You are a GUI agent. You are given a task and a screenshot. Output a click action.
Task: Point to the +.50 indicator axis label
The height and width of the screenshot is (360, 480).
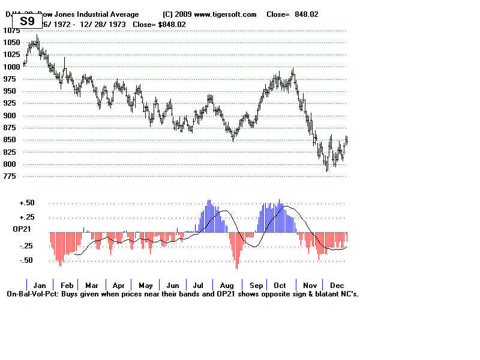tap(26, 203)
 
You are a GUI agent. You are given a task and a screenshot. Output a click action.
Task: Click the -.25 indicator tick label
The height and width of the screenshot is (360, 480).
tap(26, 246)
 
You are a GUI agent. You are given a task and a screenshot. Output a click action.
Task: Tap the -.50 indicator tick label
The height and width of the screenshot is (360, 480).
tap(26, 260)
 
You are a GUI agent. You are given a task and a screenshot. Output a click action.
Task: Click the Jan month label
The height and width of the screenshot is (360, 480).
tap(40, 286)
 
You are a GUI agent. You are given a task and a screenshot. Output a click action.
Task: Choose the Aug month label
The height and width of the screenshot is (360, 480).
tap(227, 286)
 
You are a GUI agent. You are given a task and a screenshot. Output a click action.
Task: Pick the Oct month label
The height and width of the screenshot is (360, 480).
tap(280, 286)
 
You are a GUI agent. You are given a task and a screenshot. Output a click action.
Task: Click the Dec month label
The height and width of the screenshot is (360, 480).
tap(337, 286)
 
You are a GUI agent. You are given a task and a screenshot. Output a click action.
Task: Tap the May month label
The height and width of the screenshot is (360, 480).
tap(146, 286)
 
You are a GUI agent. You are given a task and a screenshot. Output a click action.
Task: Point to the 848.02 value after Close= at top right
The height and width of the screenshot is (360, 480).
tap(307, 14)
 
